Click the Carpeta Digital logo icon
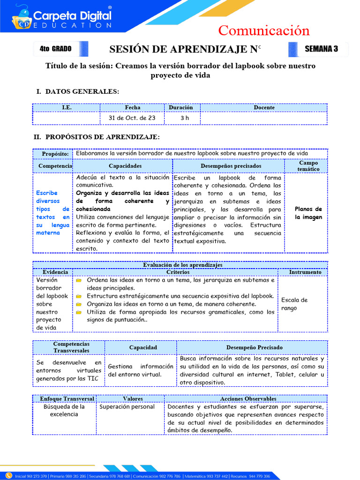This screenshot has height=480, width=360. pos(22,17)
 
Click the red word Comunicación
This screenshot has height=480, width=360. pos(264,30)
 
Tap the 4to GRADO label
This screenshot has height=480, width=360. pos(56,49)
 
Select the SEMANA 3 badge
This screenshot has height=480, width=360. pos(321,49)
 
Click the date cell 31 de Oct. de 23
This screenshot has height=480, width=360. pos(132,118)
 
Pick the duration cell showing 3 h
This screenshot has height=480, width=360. pos(184,118)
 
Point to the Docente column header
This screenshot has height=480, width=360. pos(264,107)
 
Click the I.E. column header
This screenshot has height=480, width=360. pos(66,107)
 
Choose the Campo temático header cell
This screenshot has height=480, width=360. pos(308,165)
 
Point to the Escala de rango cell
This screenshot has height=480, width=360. pos(294,304)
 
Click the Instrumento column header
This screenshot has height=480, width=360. pos(305,272)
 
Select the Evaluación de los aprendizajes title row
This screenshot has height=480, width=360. pos(182,265)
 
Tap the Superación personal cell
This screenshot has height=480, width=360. pos(127,406)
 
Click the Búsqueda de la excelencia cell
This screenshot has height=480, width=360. pos(64,410)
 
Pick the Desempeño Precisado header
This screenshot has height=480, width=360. pos(254,347)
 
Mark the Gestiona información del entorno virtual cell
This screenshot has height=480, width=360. pos(140,370)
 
